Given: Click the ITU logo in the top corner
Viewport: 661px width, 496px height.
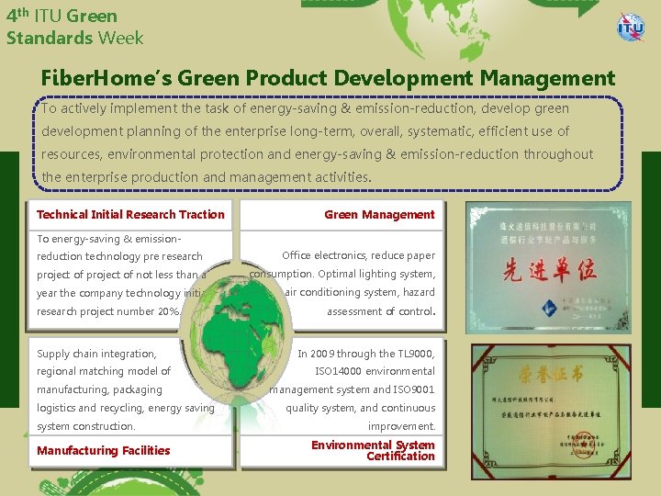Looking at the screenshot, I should click(x=631, y=28).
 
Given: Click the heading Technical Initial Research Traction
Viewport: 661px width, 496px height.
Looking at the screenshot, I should click(x=130, y=215).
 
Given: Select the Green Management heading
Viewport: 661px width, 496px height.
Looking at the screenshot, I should click(x=379, y=215).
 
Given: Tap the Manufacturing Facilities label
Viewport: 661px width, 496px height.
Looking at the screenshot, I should click(x=103, y=450).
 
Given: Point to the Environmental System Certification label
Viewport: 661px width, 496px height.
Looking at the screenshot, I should click(x=373, y=450).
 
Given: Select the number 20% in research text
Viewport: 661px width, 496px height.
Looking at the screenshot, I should click(x=169, y=311).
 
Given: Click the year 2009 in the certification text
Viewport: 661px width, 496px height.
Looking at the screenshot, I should click(x=324, y=354).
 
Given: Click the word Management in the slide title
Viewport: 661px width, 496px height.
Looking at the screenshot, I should click(x=543, y=79).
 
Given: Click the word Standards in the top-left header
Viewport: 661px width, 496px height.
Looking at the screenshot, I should click(x=50, y=38).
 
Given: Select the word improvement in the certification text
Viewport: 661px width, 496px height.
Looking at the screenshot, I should click(x=401, y=426).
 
